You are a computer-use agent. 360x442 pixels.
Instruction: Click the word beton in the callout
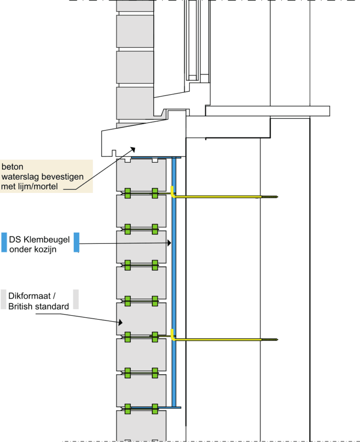tap(13, 167)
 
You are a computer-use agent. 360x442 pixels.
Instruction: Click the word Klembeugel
tap(47, 239)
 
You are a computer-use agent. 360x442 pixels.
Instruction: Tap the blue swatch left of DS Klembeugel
tap(4, 243)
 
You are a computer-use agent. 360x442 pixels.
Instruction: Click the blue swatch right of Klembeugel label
tap(76, 243)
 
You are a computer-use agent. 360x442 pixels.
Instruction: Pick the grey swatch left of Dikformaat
tap(3, 300)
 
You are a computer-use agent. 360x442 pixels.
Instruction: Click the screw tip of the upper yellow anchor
tap(278, 197)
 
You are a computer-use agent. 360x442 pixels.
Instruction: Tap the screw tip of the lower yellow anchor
tap(278, 340)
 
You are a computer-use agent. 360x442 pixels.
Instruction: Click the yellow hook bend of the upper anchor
tap(173, 195)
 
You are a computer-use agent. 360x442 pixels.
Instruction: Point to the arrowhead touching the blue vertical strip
tap(170, 243)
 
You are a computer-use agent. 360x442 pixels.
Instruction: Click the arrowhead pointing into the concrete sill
tap(133, 149)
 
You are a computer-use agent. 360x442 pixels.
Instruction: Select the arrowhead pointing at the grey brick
tap(120, 322)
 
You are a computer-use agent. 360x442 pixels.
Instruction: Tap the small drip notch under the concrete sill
tap(114, 153)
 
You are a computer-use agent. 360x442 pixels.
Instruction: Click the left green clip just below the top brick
tap(128, 193)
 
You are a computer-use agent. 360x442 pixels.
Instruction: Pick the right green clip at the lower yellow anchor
tap(155, 337)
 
